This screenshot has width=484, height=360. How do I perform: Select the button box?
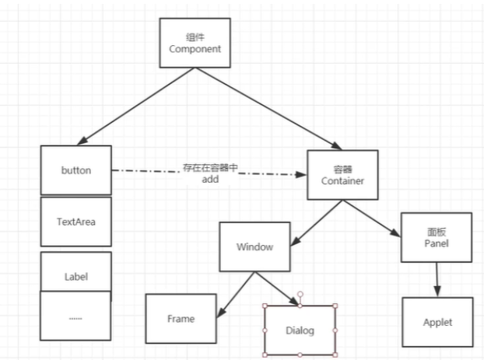(x=75, y=170)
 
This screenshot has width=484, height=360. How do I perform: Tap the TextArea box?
(x=75, y=221)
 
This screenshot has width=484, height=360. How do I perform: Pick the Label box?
(x=75, y=275)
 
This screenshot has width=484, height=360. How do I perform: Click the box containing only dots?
(x=75, y=316)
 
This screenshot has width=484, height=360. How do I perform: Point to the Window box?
(x=255, y=247)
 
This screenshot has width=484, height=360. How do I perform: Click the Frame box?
(x=181, y=319)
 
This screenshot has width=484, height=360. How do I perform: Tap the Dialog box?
(x=300, y=330)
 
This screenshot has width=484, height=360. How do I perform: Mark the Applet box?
(x=438, y=322)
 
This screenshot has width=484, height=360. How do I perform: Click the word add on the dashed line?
(x=210, y=179)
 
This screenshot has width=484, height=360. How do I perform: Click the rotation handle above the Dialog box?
(x=300, y=295)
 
